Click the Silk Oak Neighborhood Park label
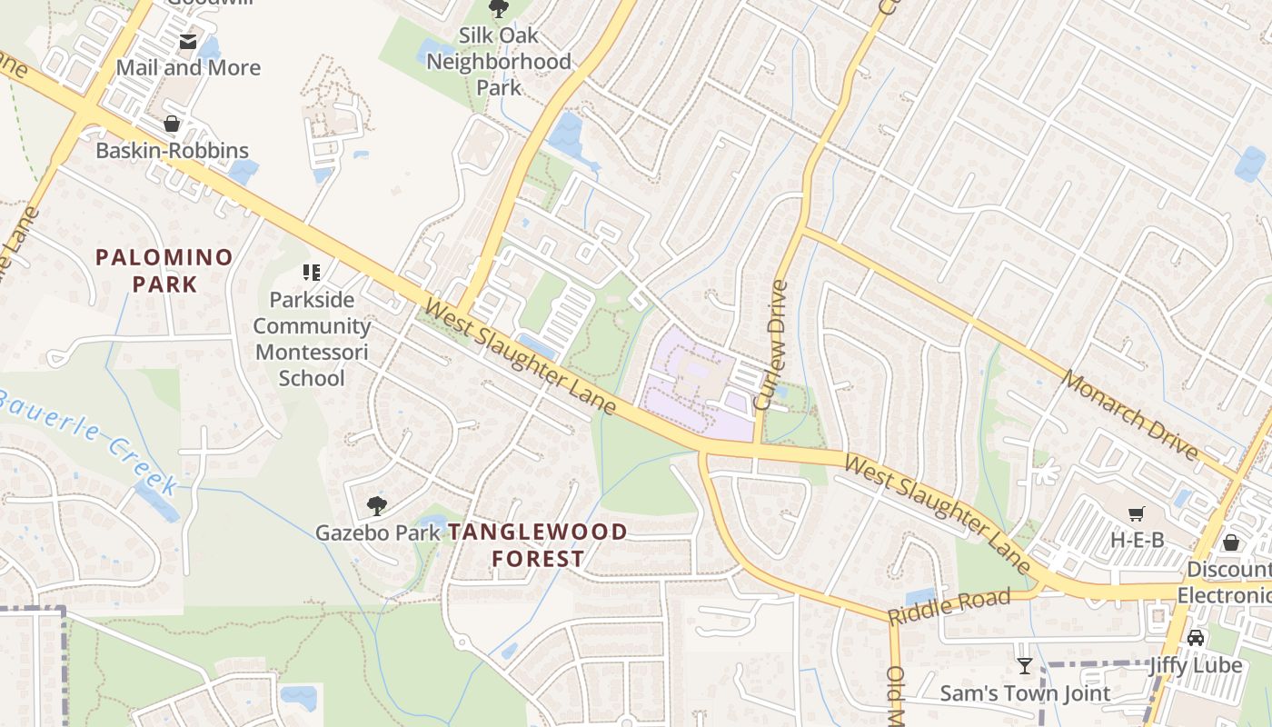pos(499,62)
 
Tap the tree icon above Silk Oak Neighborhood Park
pos(498,9)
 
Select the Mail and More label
pos(188,68)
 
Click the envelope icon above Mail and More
pos(188,41)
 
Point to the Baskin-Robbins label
pos(173,151)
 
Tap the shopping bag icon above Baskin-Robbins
pos(172,124)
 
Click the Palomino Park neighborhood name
pos(164,271)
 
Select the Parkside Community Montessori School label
pos(312,338)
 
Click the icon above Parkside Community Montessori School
pos(312,272)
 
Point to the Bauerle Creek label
pos(88,442)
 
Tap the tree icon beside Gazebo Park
pos(376,506)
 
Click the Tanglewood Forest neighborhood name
pos(538,545)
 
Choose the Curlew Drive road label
pos(772,345)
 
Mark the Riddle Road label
pos(949,606)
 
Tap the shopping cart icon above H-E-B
pos(1136,514)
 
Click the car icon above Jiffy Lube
pos(1196,638)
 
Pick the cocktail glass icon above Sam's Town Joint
pos(1025,666)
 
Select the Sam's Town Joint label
pos(1025,693)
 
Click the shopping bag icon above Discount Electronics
pos(1230,543)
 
